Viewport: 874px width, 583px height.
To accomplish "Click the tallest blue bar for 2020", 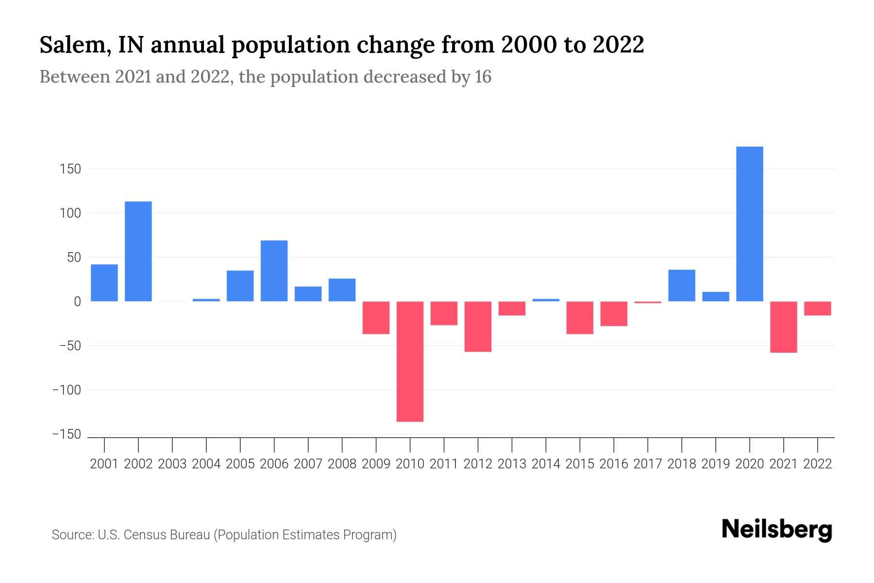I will point(749,223).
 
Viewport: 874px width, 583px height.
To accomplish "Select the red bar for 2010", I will point(410,361).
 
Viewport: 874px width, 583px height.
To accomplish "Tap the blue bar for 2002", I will point(138,251).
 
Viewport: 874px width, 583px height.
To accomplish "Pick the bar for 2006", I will point(274,271).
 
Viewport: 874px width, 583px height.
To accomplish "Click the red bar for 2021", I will point(783,326).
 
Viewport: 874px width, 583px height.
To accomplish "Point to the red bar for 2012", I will point(478,326).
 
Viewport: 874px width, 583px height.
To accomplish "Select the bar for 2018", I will point(682,285).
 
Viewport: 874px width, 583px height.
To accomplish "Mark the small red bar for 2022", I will point(817,308).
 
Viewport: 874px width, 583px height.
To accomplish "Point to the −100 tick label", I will point(67,390).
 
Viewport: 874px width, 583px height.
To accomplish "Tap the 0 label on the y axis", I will point(77,302).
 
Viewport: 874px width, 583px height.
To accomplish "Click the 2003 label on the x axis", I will point(172,464).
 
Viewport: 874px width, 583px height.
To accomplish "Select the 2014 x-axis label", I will point(546,464).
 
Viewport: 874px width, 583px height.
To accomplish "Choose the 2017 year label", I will point(648,464).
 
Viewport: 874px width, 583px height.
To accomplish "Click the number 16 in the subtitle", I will point(483,77).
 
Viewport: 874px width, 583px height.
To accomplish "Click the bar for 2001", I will point(104,283).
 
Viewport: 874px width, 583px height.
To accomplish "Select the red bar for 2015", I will point(580,317).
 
